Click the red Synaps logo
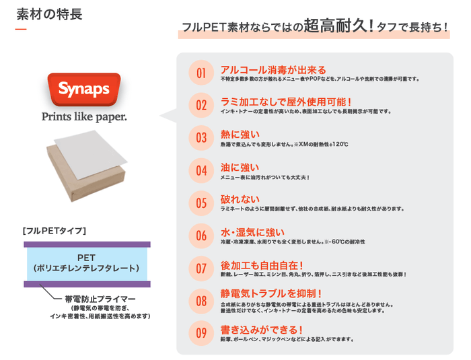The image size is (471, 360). pos(84,89)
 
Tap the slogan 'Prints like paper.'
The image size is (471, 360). pos(84,116)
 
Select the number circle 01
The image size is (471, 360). pos(201,73)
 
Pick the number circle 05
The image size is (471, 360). pos(201,203)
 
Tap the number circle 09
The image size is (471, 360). pos(201,332)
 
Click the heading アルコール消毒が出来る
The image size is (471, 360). pos(273,69)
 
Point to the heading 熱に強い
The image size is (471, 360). pos(240,134)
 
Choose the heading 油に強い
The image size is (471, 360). pos(240,166)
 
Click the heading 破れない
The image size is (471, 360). pos(240,199)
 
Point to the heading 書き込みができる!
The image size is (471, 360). pos(262,329)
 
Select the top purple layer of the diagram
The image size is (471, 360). pos(87,244)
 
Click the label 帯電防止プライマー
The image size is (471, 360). pos(100,298)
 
